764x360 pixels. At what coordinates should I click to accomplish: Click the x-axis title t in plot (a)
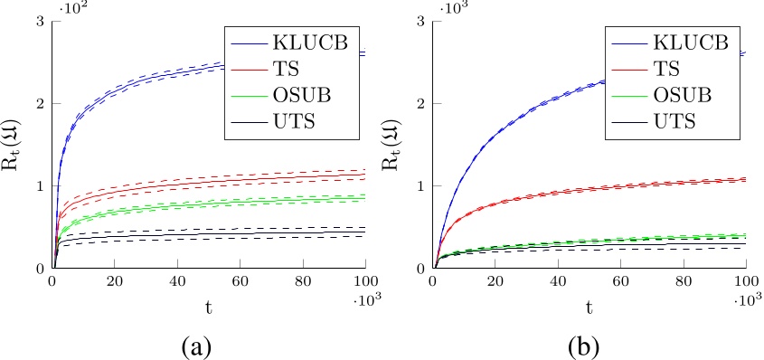[x=209, y=308]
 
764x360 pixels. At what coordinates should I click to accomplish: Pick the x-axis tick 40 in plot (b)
[x=559, y=281]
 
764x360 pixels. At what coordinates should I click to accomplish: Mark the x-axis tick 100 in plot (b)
[x=746, y=281]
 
